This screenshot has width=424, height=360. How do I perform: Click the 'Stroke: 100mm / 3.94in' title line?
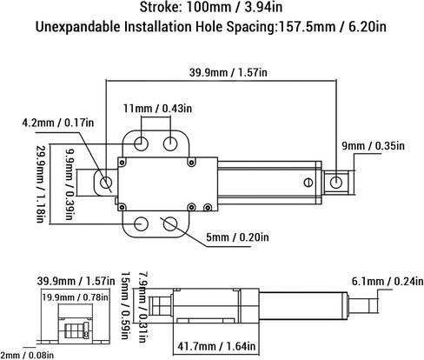coord(211,7)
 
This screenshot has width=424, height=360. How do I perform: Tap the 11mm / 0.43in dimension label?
coord(157,109)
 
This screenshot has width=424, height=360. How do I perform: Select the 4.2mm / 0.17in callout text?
coord(58,123)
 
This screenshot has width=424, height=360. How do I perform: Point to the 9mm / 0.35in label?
coord(373,145)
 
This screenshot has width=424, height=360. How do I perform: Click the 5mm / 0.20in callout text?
coord(237,237)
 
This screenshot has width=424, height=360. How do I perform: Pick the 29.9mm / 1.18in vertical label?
coord(40,183)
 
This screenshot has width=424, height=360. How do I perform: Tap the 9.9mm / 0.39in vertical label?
coord(70,184)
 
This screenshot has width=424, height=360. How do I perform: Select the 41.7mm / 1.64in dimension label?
coord(216,346)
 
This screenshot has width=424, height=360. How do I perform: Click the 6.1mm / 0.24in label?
coord(388,281)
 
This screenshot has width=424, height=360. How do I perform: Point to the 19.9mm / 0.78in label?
coord(76,297)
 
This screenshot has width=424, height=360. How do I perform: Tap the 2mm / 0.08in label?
coord(27,355)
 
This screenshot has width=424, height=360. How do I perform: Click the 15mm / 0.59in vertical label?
coord(125,305)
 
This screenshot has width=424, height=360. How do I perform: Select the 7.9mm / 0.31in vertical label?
coord(142,307)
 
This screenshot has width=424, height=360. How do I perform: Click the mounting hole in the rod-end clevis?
coord(336,183)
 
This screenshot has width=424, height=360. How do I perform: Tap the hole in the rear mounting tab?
coord(106,183)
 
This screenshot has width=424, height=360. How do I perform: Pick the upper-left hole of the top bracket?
coord(142,143)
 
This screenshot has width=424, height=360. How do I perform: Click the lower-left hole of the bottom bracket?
coord(142,223)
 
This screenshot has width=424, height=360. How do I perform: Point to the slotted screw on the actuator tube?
coord(308,183)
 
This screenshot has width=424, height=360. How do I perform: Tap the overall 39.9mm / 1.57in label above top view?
coord(229,72)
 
